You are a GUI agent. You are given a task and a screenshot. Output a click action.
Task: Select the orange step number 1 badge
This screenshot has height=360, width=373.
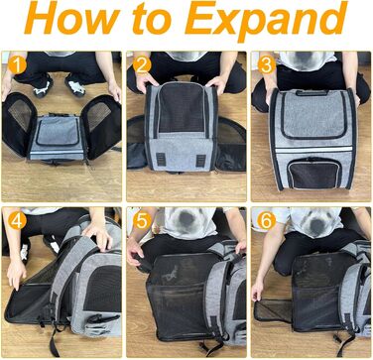point(17,64)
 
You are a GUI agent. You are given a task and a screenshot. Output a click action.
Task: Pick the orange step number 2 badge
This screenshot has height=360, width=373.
point(142,64)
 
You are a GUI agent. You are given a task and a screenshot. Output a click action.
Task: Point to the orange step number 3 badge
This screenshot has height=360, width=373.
point(267,64)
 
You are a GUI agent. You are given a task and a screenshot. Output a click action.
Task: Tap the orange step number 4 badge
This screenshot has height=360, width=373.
point(17,220)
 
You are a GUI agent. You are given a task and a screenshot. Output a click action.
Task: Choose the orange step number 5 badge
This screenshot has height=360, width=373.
point(143,220)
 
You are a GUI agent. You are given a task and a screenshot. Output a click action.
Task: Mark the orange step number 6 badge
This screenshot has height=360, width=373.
point(267,220)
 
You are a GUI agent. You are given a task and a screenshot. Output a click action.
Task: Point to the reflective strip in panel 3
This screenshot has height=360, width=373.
point(313,150)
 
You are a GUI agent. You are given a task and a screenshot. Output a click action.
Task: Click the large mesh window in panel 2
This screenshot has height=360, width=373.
point(181,107)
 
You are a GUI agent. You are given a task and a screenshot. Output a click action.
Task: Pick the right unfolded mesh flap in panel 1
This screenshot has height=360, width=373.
point(103,126)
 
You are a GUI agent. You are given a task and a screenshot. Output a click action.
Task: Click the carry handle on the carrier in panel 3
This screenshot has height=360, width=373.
point(312,93)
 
